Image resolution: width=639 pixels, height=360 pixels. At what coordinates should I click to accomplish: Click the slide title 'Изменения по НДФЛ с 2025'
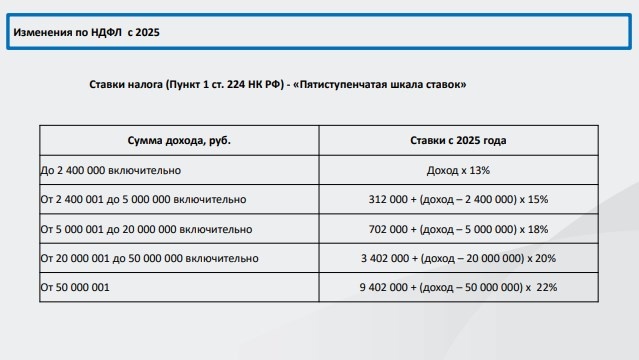coord(87,32)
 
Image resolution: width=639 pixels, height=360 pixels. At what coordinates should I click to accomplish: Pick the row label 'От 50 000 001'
coord(74,288)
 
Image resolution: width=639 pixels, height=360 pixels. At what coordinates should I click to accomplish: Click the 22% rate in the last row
coord(546,288)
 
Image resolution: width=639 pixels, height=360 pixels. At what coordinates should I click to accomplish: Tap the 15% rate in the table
coord(536,199)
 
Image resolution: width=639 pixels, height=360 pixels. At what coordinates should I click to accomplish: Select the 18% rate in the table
coord(536,228)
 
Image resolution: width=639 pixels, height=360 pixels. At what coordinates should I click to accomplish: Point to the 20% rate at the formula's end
coord(545,258)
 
